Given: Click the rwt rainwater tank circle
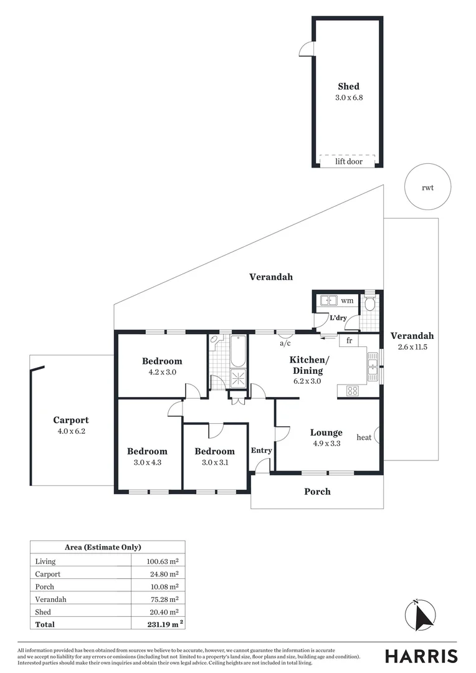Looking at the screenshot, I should tap(427, 187).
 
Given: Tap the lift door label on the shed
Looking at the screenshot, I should tap(348, 161).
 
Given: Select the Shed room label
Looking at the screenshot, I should tap(348, 87).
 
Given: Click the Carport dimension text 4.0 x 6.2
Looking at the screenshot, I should tap(70, 431).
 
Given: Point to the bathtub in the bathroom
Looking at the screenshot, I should tap(238, 351).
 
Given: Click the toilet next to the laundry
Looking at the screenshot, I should tap(370, 304).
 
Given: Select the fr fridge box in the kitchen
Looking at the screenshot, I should tap(349, 341).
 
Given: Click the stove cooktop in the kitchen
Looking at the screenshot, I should tap(352, 391).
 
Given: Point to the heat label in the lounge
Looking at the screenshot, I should tap(364, 437).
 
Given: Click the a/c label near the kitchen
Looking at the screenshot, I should tap(286, 343).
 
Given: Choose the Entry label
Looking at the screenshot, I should tap(261, 451).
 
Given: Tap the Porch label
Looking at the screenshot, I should tap(317, 492).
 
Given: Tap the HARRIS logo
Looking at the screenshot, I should tap(421, 656).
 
